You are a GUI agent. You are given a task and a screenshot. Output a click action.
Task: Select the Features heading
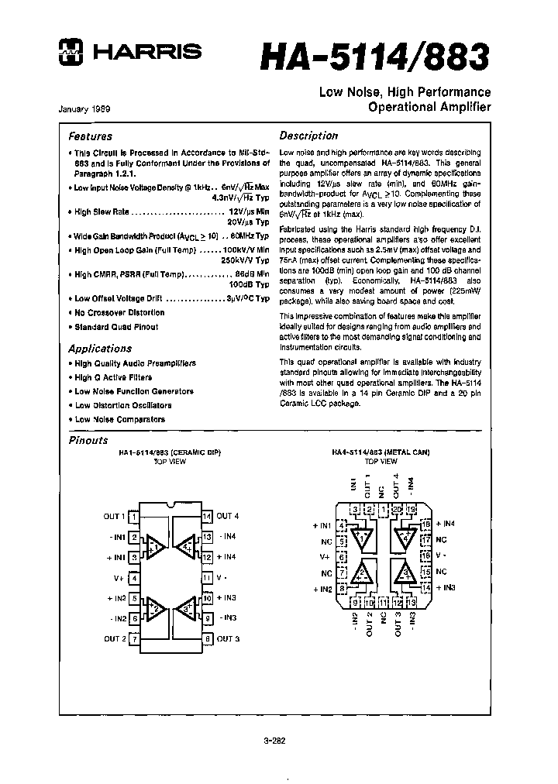90,136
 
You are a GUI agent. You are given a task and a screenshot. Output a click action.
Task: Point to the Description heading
308,136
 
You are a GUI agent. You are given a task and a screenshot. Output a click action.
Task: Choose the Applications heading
99,349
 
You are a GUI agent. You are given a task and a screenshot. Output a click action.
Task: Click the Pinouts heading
88,440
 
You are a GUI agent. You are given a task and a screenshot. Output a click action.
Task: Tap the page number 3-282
275,740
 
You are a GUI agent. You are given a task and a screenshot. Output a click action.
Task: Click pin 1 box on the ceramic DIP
134,516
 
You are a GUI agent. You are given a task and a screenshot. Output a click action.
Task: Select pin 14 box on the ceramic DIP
206,516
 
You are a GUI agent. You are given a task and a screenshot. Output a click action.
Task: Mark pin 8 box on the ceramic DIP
206,638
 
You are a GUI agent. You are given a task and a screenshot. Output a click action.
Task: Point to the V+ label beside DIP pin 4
118,578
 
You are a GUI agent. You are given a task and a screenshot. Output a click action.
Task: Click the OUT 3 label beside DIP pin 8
228,638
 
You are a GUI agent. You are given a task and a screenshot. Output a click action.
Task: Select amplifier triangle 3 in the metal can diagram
404,573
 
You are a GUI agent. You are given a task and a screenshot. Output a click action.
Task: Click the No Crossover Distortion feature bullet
119,313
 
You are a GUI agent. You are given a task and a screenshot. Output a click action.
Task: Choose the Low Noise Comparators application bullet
119,419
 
